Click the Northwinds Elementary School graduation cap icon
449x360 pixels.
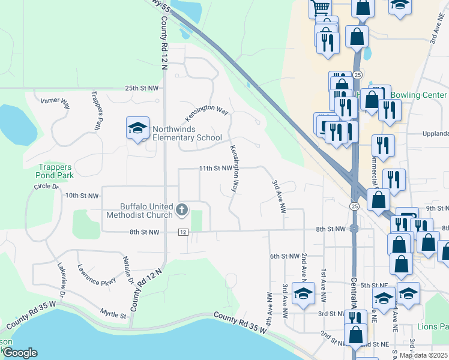tap(138, 128)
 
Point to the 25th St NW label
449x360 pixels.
tap(142, 88)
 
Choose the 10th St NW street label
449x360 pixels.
tap(81, 196)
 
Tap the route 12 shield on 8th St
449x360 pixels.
tap(183, 232)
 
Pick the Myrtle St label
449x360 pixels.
tap(113, 314)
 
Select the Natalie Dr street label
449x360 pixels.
tap(128, 269)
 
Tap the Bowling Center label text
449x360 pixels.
tap(418, 95)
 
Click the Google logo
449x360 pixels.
tap(20, 353)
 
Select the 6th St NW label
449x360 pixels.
tap(284, 256)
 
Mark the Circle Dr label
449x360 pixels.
tap(48, 187)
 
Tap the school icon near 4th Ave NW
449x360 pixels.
tap(304, 294)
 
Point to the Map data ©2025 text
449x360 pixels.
tap(423, 355)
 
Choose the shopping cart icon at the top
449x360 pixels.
tap(321, 7)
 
